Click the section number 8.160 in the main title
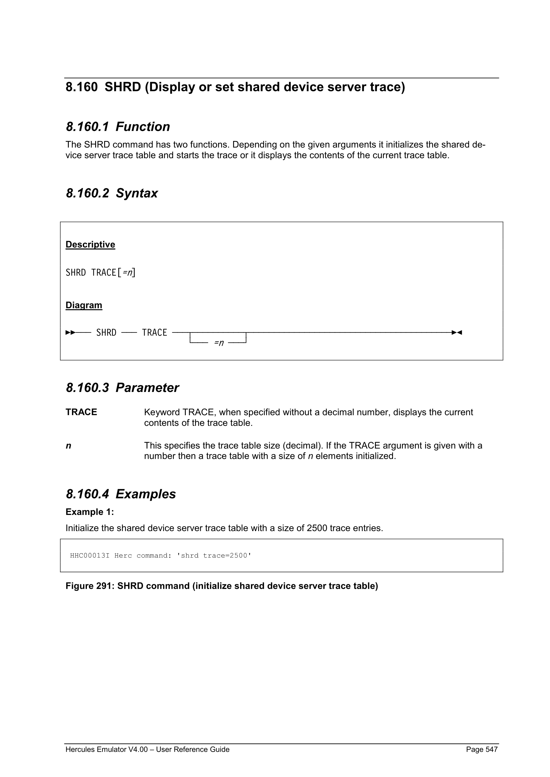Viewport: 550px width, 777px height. point(81,87)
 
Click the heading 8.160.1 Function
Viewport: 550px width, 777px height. point(118,127)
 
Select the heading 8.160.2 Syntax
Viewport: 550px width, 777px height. point(111,193)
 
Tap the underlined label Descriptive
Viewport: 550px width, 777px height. point(90,244)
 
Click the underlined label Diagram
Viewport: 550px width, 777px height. point(84,305)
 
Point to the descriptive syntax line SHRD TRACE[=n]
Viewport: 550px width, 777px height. point(100,273)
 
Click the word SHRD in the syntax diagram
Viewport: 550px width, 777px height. point(106,333)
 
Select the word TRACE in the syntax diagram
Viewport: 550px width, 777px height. point(154,333)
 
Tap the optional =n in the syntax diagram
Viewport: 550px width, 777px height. point(219,343)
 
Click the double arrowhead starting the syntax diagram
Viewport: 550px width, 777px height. point(70,333)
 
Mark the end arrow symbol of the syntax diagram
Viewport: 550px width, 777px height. point(457,333)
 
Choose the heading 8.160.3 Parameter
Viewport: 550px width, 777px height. point(122,388)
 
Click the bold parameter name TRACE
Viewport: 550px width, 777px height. point(81,412)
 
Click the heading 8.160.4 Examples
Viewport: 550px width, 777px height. point(121,494)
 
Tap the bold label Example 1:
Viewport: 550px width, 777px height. point(89,512)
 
